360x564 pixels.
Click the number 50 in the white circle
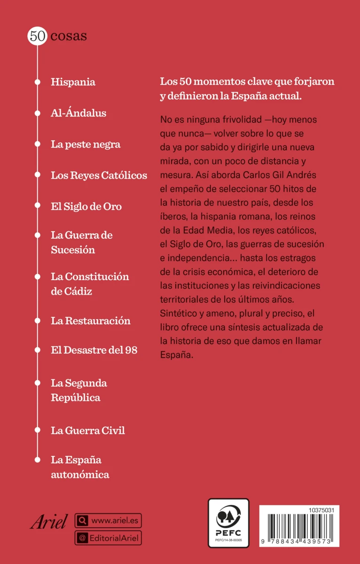37,36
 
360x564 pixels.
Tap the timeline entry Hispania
73,82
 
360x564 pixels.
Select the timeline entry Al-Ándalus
78,113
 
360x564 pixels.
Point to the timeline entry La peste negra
86,144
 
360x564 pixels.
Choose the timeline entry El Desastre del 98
94,350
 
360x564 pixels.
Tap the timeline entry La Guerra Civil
88,431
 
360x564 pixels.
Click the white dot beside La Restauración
37,321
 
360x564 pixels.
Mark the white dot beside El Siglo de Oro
37,206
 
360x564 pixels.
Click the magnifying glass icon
82,521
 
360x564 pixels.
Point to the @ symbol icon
82,538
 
